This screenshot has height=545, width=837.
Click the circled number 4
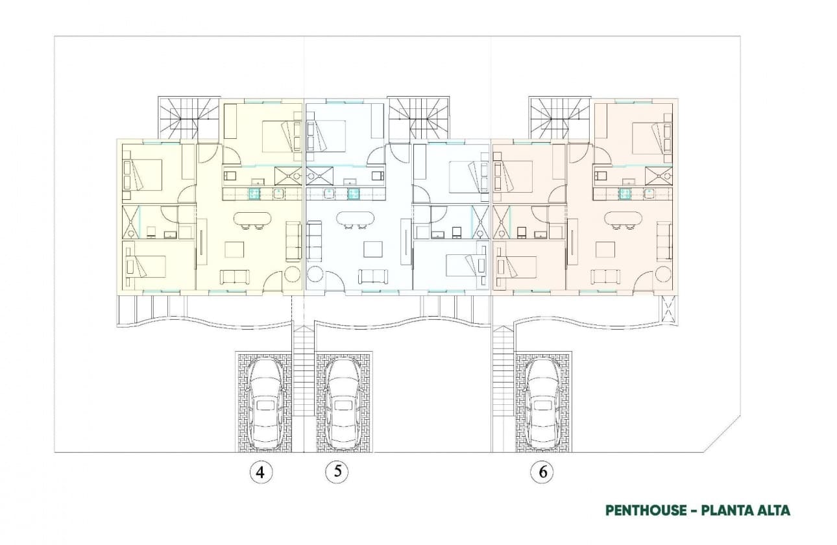coord(261,472)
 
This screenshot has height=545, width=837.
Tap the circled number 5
coord(337,472)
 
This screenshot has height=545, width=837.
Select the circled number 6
coord(542,472)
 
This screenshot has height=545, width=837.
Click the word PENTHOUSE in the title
coord(645,510)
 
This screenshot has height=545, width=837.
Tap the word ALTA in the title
coord(772,510)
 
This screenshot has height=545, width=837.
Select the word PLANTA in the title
coord(727,510)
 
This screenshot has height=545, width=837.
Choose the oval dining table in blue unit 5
coord(355,219)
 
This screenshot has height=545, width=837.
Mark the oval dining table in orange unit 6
coord(624,219)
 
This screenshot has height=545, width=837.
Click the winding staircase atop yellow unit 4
coord(189,117)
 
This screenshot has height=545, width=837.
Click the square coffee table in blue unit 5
coord(373,250)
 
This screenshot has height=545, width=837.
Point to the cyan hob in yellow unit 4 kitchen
coord(255,193)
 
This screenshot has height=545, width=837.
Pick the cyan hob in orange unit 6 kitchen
coord(625,193)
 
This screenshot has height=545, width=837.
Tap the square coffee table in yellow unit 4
coord(234,250)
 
